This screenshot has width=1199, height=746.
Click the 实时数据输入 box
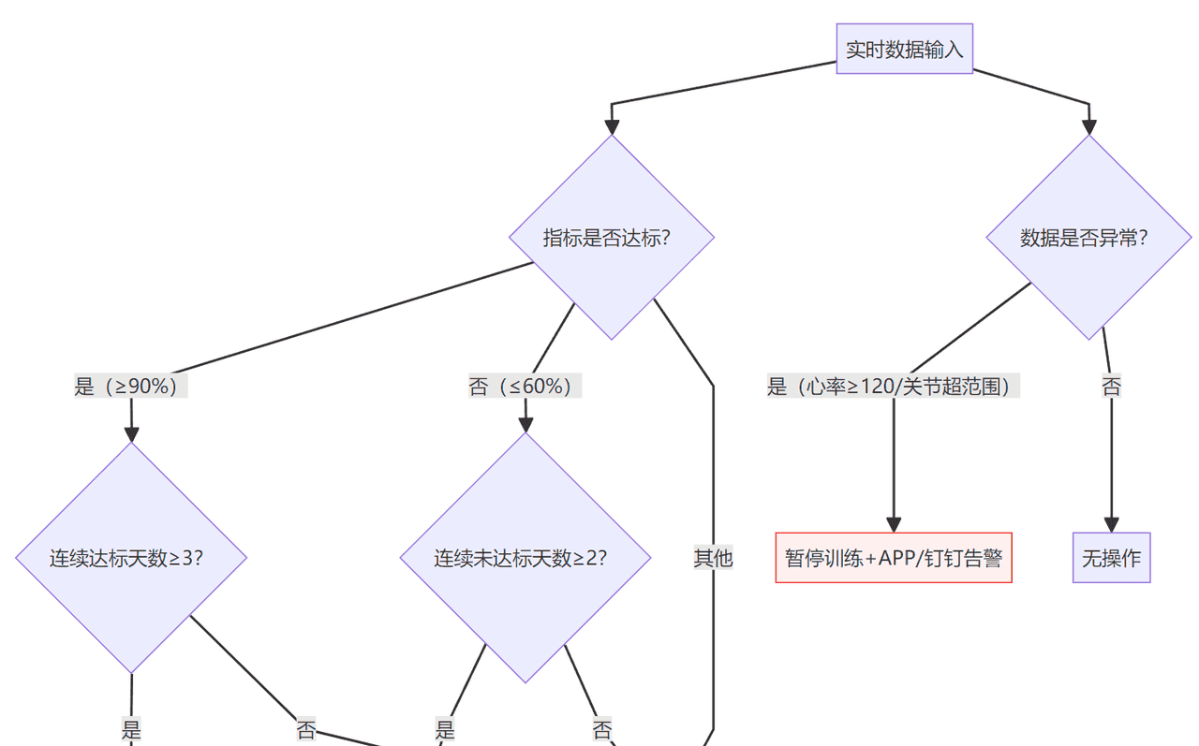[904, 49]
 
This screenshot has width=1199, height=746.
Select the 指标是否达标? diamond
[612, 237]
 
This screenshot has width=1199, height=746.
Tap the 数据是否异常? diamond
[1088, 237]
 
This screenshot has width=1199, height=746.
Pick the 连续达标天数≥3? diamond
[131, 558]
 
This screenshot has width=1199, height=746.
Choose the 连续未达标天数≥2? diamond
[525, 558]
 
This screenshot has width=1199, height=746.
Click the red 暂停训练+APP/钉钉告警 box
[894, 558]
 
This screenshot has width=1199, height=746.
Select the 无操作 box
[1111, 558]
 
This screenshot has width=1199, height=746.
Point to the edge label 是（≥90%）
[131, 386]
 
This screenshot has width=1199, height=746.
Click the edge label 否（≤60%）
[525, 386]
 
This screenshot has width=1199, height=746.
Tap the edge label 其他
[713, 558]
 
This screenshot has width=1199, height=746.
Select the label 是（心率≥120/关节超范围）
[894, 386]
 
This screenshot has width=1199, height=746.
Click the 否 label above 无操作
[1111, 386]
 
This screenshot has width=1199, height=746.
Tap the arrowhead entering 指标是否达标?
[612, 126]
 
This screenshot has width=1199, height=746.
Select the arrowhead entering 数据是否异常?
[1088, 126]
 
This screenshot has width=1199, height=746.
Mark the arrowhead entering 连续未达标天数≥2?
[525, 424]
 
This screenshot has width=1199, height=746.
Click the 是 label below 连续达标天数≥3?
[131, 729]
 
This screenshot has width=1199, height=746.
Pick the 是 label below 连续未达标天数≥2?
[445, 729]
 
